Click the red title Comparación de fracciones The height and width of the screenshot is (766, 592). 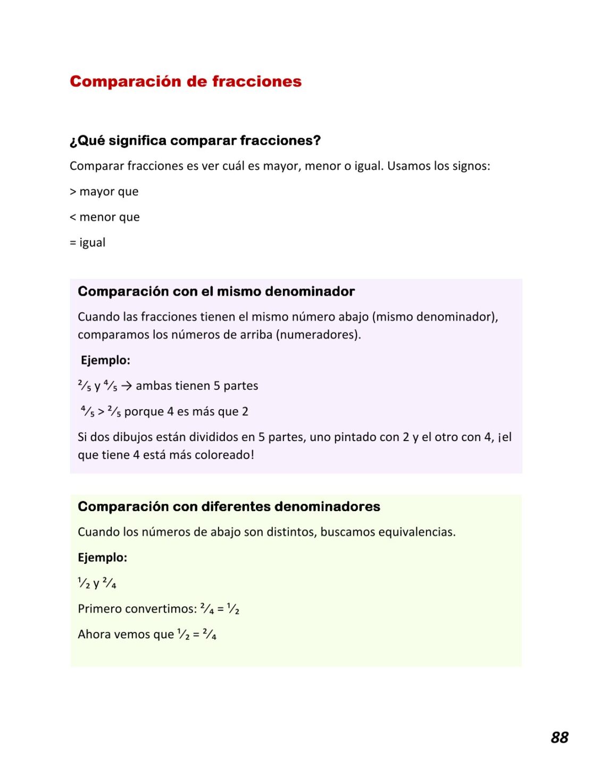186,81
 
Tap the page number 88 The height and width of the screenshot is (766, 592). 560,737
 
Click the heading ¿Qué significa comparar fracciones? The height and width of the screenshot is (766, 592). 195,140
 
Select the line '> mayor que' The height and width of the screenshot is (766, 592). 104,191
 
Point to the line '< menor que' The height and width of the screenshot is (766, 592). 105,217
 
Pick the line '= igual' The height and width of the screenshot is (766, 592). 88,243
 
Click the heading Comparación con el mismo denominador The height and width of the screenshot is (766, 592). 216,292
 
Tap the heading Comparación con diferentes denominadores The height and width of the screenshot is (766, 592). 229,506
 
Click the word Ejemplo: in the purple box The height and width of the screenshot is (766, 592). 105,360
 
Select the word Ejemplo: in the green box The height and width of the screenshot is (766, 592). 103,557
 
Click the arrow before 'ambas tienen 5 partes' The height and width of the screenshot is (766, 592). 127,386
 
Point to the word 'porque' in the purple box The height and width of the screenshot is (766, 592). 142,412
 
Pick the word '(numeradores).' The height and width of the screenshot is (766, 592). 319,335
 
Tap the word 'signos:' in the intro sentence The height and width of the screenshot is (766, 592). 471,166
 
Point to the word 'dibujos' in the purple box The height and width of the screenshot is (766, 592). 133,437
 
